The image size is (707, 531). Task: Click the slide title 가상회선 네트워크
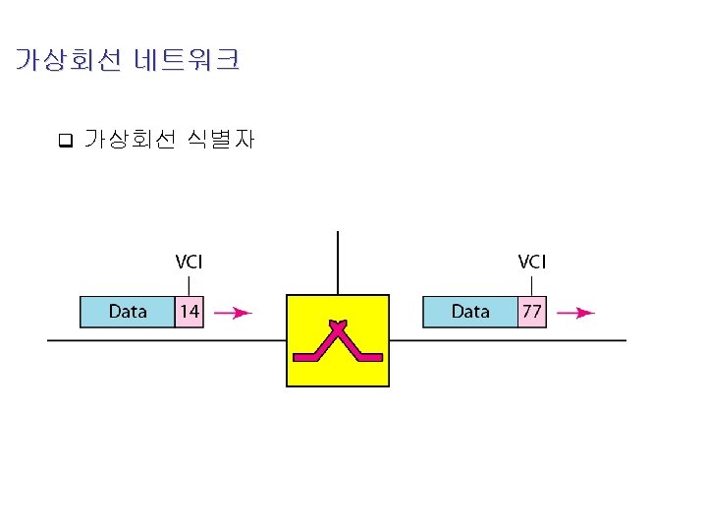(128, 61)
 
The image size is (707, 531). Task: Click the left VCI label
(190, 262)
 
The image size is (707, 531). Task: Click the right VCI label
(532, 262)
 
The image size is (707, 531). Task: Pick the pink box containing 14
(190, 312)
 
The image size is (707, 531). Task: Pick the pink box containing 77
(531, 312)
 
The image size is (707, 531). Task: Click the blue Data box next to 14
(128, 312)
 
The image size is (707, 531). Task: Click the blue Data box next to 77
(470, 312)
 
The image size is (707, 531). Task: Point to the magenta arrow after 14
(233, 313)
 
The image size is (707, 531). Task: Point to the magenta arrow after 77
(575, 313)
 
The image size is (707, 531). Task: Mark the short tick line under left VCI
(189, 284)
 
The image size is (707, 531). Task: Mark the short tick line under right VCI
(531, 284)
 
